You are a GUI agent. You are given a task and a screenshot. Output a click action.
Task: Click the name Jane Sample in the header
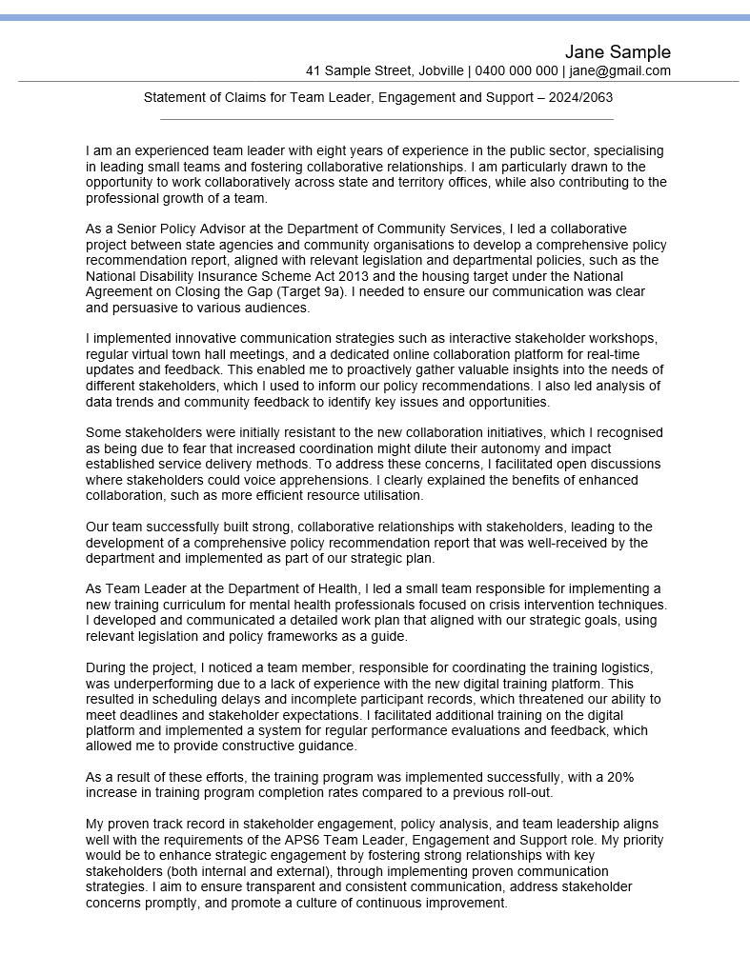618,51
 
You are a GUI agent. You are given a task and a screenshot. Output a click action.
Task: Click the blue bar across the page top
375,17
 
